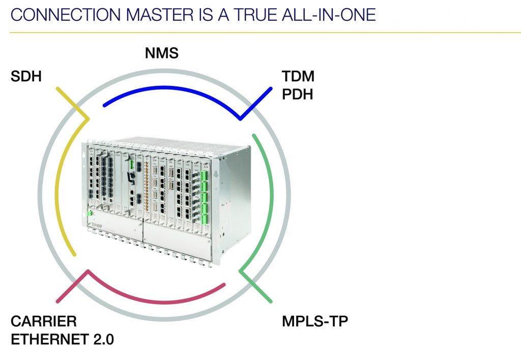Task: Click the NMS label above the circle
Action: point(161,52)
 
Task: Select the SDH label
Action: point(25,77)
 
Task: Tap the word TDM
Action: point(298,77)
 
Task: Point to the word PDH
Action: point(298,94)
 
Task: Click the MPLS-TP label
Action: point(315,321)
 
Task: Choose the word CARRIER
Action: point(44,321)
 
